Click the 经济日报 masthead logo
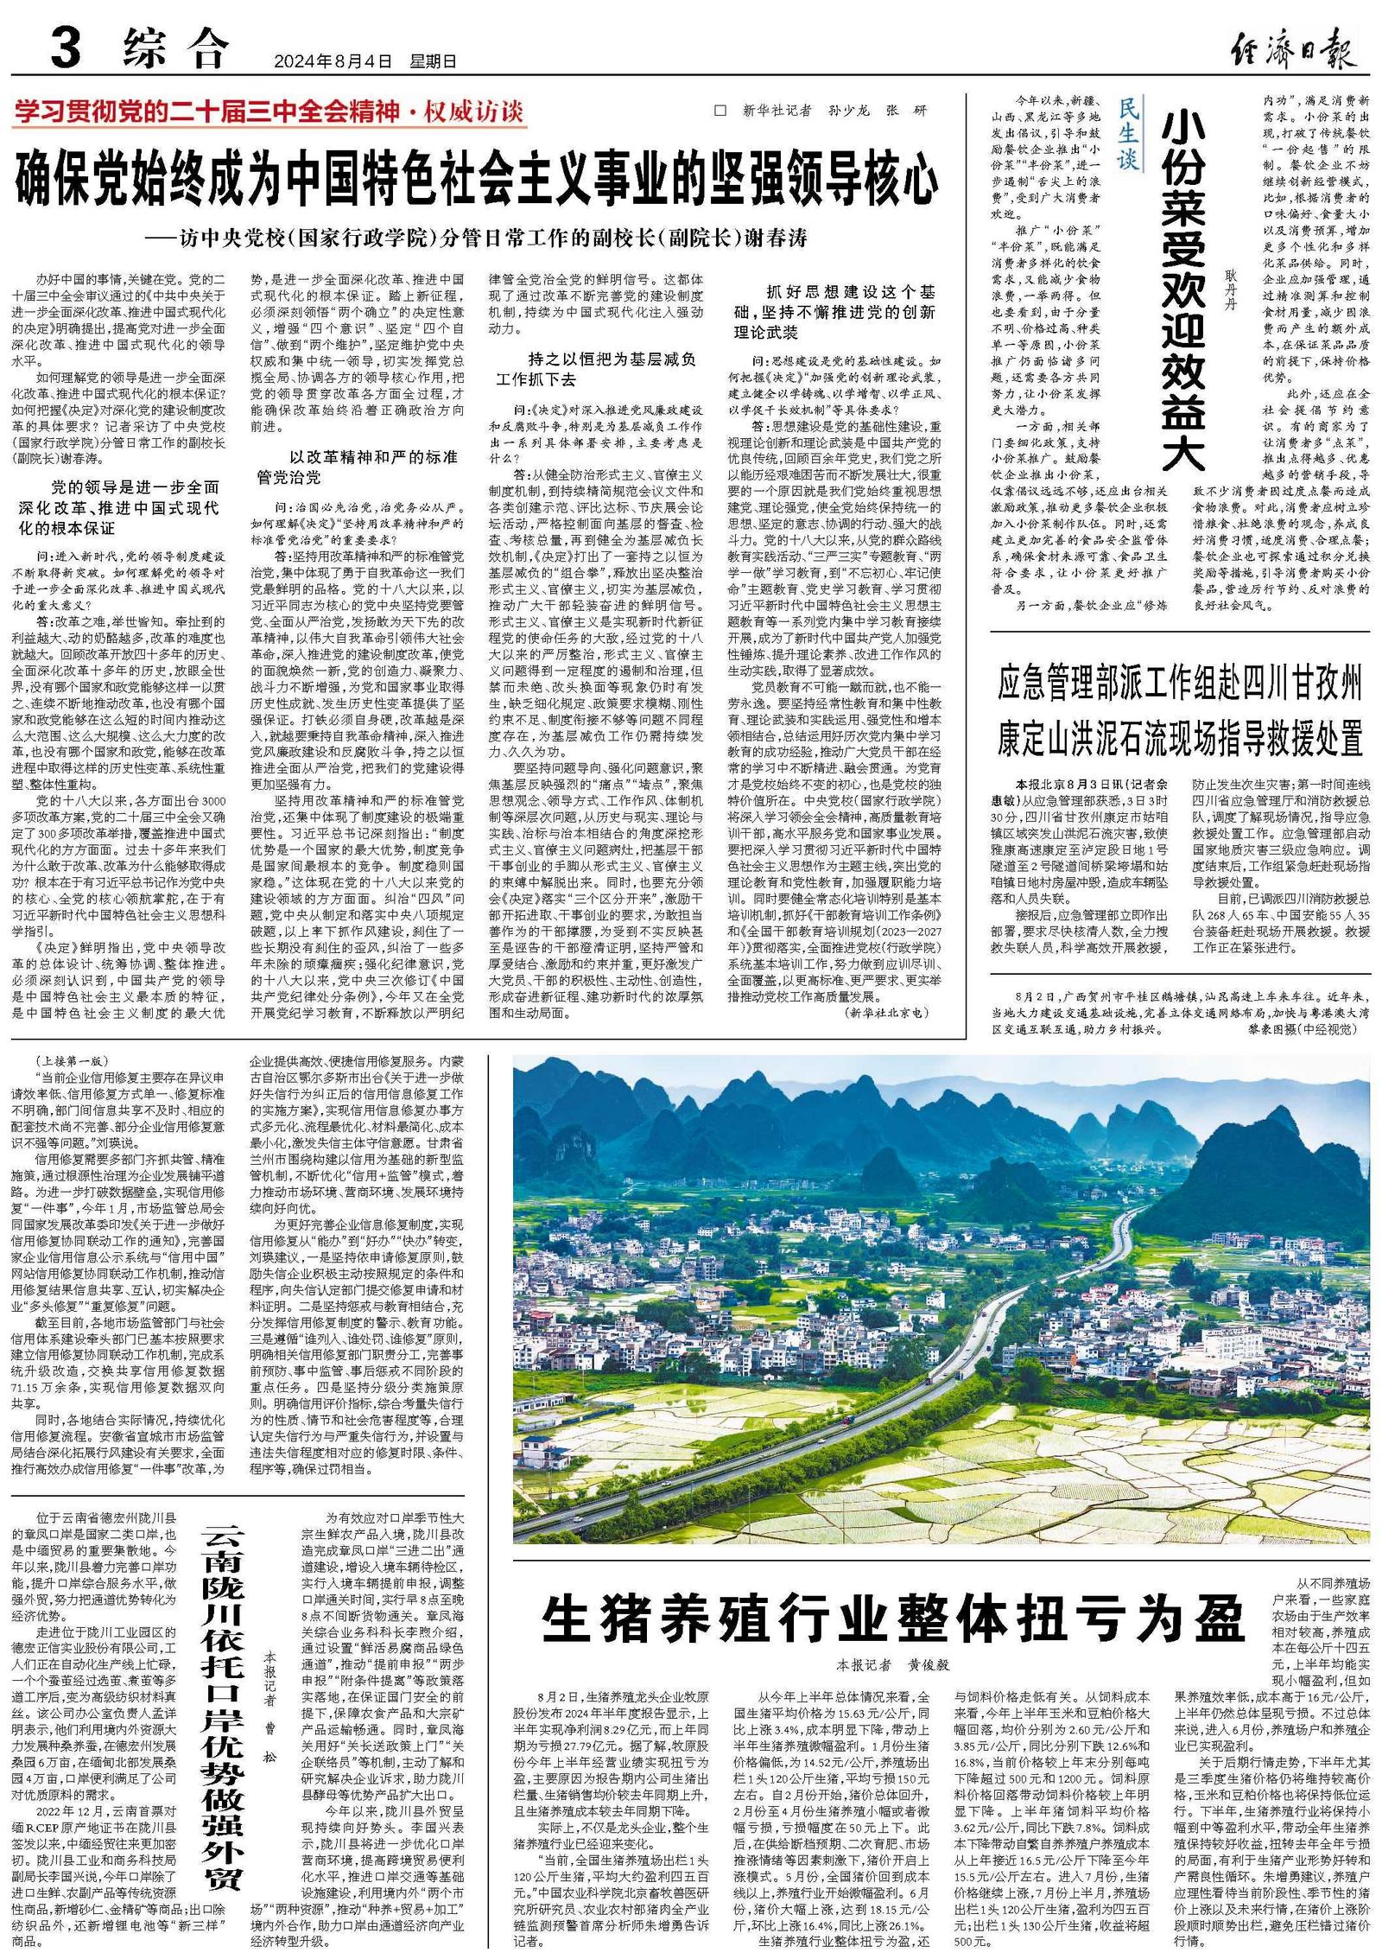coord(1292,53)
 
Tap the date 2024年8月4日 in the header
coord(333,61)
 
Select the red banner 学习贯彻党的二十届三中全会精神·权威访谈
coord(269,111)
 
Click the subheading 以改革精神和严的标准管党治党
coord(359,467)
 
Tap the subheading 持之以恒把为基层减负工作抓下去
coord(597,369)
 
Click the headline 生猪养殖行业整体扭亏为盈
coord(893,1619)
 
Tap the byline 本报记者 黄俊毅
coord(893,1663)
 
